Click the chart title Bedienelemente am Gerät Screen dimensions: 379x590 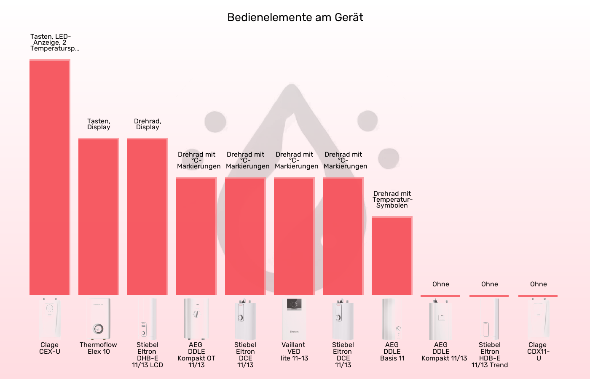click(295, 17)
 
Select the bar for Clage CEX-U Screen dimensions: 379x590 click(50, 177)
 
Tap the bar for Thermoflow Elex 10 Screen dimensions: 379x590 click(99, 216)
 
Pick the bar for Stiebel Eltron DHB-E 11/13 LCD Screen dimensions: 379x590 click(147, 216)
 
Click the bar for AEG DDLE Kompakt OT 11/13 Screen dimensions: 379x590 click(196, 236)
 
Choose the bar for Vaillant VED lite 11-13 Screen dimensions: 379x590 click(294, 236)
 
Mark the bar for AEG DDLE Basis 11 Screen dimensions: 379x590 click(392, 256)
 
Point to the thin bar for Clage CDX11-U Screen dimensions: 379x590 click(538, 296)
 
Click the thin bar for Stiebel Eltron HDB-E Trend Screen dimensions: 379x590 click(489, 296)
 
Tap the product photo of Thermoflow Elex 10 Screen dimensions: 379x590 click(99, 319)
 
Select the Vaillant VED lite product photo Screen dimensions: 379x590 click(294, 319)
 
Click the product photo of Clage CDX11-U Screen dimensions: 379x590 click(538, 319)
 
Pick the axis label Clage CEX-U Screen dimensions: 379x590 click(50, 348)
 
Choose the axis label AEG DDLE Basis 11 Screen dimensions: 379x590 click(392, 352)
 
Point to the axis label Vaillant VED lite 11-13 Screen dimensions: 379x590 click(294, 352)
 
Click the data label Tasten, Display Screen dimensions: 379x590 click(99, 124)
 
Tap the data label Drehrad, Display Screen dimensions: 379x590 click(147, 124)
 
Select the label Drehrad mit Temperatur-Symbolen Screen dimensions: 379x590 click(392, 200)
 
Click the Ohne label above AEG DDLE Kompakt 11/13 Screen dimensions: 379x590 click(441, 284)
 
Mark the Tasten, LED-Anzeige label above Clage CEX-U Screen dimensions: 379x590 click(51, 43)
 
